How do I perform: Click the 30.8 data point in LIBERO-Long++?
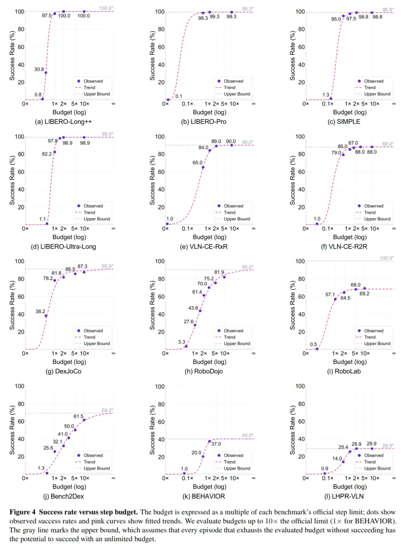tap(46, 73)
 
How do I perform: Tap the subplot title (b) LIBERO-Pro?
tap(204, 122)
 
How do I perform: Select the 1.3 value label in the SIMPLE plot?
tap(326, 95)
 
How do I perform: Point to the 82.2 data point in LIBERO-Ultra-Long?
tap(54, 152)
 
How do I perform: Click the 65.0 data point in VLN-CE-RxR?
tap(203, 167)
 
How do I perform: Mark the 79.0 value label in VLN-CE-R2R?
tap(336, 153)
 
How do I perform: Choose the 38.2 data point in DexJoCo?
tap(46, 316)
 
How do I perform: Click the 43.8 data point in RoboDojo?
tap(200, 311)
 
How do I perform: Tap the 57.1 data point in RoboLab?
tap(335, 299)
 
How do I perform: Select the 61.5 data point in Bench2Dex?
tap(84, 420)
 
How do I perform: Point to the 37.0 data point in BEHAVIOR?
tap(210, 442)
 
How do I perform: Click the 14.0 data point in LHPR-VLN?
tap(343, 462)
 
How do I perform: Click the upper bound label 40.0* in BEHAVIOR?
tap(247, 435)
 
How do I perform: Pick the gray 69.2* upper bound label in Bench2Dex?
tap(107, 410)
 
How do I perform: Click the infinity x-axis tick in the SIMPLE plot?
tap(394, 104)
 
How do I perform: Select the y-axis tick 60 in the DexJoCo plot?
tap(21, 297)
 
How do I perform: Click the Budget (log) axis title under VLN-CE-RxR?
tap(210, 237)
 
